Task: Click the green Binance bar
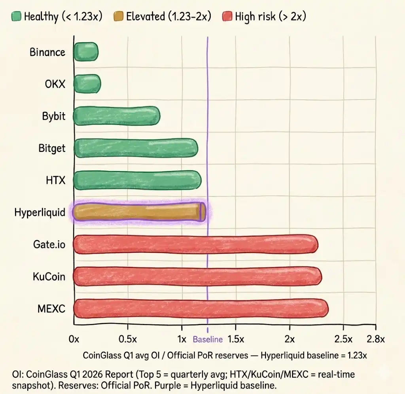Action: pos(86,52)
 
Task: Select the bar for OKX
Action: pos(87,84)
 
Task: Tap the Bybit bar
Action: pos(117,116)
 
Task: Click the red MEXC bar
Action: pos(201,308)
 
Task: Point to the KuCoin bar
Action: pos(197,276)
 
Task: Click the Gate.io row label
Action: pos(49,244)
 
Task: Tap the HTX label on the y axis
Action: pos(55,180)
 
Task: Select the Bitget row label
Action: pos(52,149)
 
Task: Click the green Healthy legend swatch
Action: pos(16,17)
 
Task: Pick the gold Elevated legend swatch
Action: pos(118,17)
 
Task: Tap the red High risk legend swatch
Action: pos(227,17)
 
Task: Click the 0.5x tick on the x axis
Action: pos(128,339)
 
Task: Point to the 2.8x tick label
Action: pos(375,339)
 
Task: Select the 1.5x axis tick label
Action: pos(236,339)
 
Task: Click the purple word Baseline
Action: pos(208,339)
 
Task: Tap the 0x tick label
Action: pos(74,339)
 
